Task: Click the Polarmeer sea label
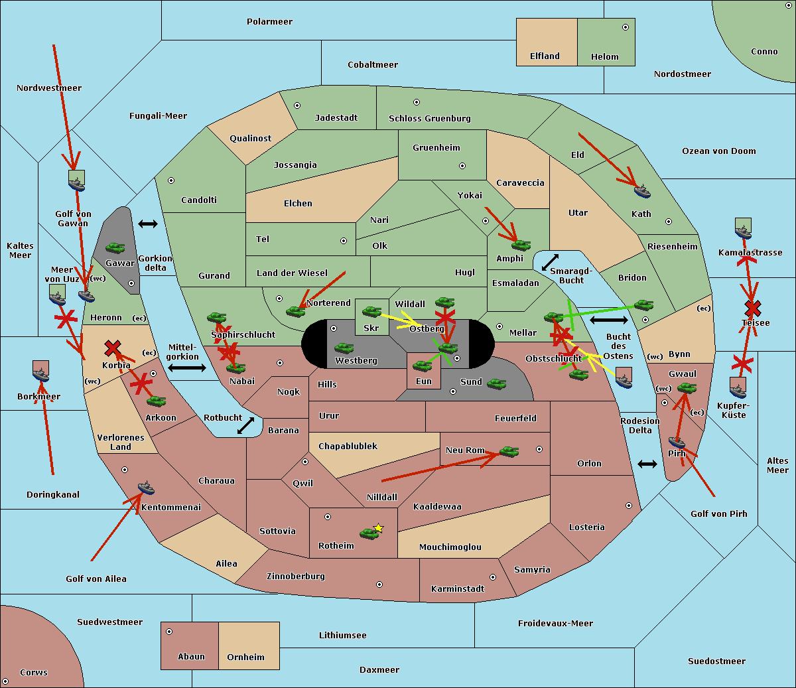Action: (x=269, y=22)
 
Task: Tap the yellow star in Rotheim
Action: (x=379, y=528)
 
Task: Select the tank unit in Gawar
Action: (x=115, y=248)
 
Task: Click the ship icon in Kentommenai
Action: (x=146, y=488)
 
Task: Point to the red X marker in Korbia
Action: (x=113, y=348)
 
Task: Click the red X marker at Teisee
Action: (x=752, y=308)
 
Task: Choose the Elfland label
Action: (x=545, y=56)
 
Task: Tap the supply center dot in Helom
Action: (x=625, y=27)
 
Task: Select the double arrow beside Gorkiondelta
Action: (x=148, y=224)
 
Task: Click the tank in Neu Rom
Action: (x=509, y=452)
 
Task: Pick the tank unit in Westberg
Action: (x=344, y=348)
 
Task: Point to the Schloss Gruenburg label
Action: (x=429, y=119)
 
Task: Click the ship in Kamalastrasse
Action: (x=744, y=228)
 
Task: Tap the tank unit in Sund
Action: (x=496, y=383)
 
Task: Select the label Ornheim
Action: (x=245, y=657)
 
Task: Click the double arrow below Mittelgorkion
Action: (x=187, y=368)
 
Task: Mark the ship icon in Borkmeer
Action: (x=41, y=372)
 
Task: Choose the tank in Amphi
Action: (x=521, y=245)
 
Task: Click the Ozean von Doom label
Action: (x=718, y=151)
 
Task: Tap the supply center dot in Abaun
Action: (x=169, y=632)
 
